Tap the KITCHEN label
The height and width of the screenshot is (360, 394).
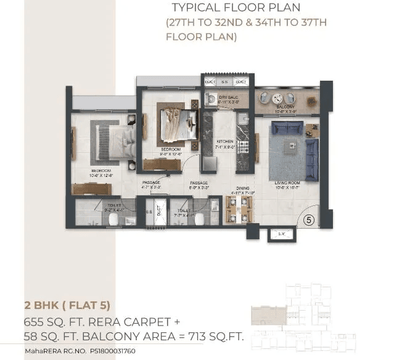[x=224, y=141]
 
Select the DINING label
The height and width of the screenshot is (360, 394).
[x=242, y=188]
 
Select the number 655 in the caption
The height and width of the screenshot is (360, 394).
[x=35, y=321]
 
